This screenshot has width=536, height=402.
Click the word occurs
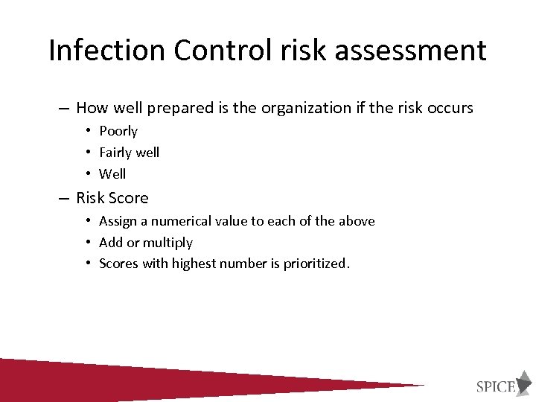(450, 108)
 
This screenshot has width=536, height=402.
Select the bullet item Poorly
(118, 131)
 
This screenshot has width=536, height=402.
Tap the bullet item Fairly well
(129, 153)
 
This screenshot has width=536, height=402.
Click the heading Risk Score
(112, 198)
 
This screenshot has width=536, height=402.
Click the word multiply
(167, 243)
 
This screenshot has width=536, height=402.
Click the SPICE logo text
(495, 386)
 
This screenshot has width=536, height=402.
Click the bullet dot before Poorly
(88, 131)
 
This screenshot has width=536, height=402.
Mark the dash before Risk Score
(64, 198)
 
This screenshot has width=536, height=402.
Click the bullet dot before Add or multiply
(88, 243)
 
